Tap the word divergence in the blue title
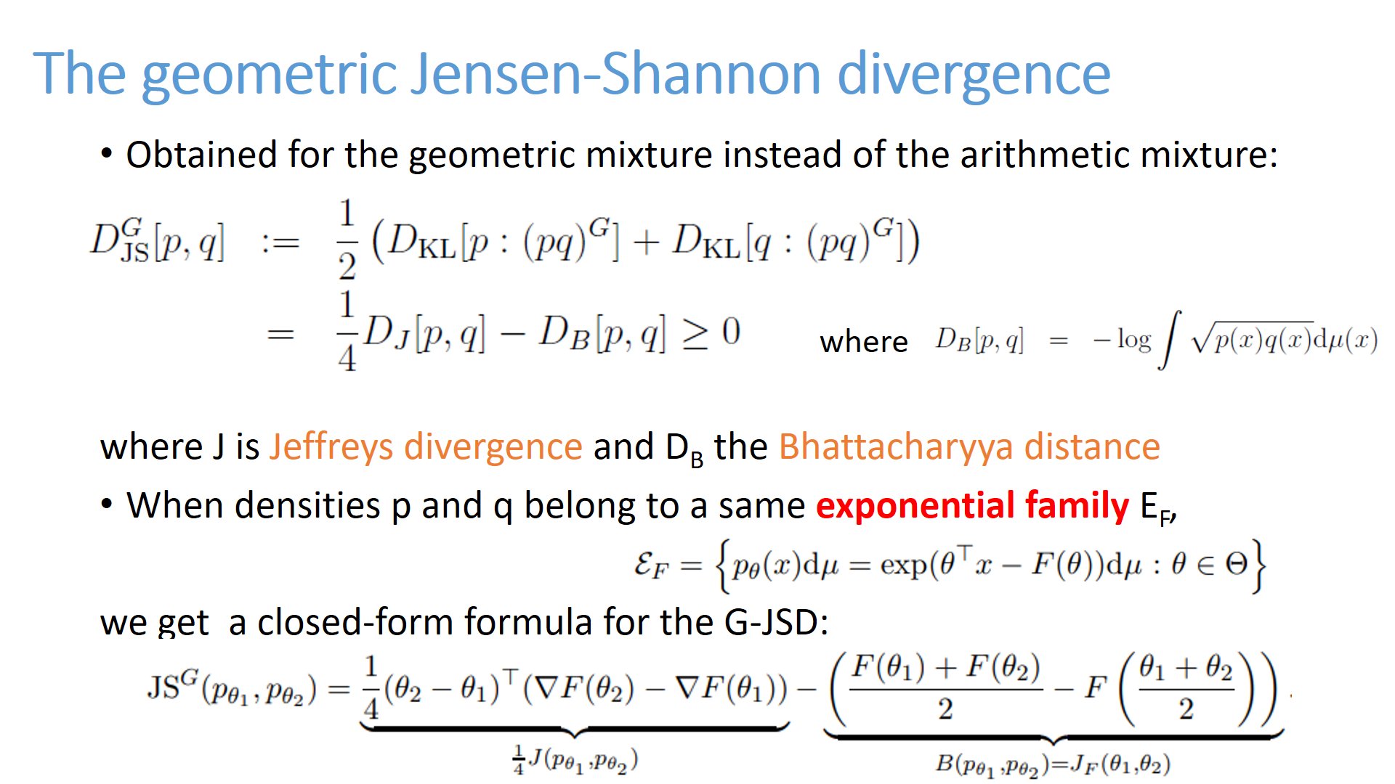974,75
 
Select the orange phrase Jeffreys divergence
426,446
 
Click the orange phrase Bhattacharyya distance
969,447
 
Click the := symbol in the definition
280,242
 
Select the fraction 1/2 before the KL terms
347,240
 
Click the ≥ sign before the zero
694,334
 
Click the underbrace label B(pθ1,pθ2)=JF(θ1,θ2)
1053,764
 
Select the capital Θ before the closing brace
1236,563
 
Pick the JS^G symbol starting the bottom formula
173,685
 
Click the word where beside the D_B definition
863,341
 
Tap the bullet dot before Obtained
107,155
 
